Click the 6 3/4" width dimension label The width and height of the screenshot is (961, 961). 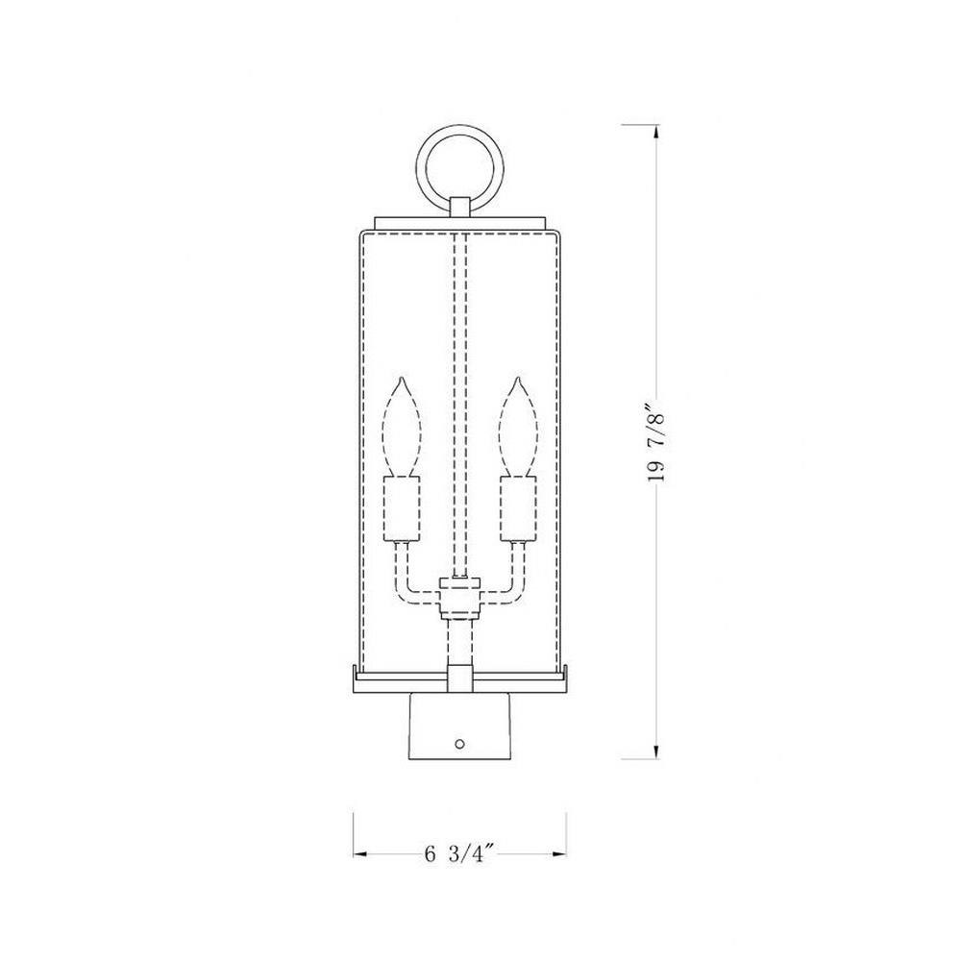459,853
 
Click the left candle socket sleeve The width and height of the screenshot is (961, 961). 402,508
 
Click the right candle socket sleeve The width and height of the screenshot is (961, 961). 519,508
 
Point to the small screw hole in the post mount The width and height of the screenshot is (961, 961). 460,744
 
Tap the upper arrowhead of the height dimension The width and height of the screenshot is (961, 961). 657,131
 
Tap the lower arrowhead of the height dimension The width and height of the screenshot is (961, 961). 657,752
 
